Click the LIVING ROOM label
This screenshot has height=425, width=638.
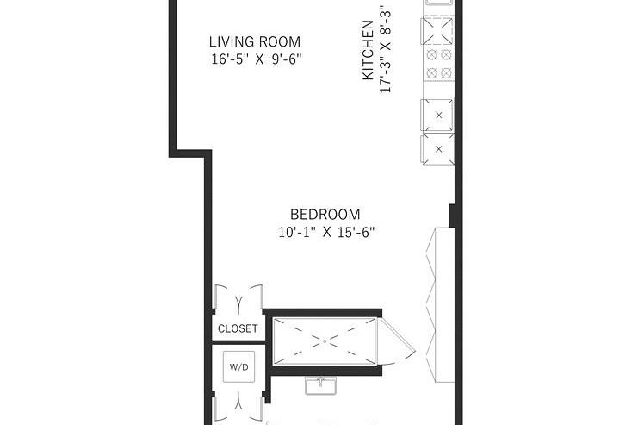coord(256,41)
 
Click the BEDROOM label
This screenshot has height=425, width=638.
coord(325,215)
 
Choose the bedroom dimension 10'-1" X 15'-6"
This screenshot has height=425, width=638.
coord(326,232)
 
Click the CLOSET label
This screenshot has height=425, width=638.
coord(238,328)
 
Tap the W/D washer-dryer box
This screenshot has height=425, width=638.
coord(238,366)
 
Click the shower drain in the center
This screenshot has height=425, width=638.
coord(325,341)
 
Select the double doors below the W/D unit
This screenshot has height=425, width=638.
coord(238,403)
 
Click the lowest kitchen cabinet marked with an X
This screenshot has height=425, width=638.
coord(438,148)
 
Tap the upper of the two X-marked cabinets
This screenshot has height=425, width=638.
coord(438,114)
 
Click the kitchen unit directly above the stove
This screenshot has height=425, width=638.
coord(437,31)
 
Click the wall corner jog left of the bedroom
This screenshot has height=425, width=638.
coord(193,154)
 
